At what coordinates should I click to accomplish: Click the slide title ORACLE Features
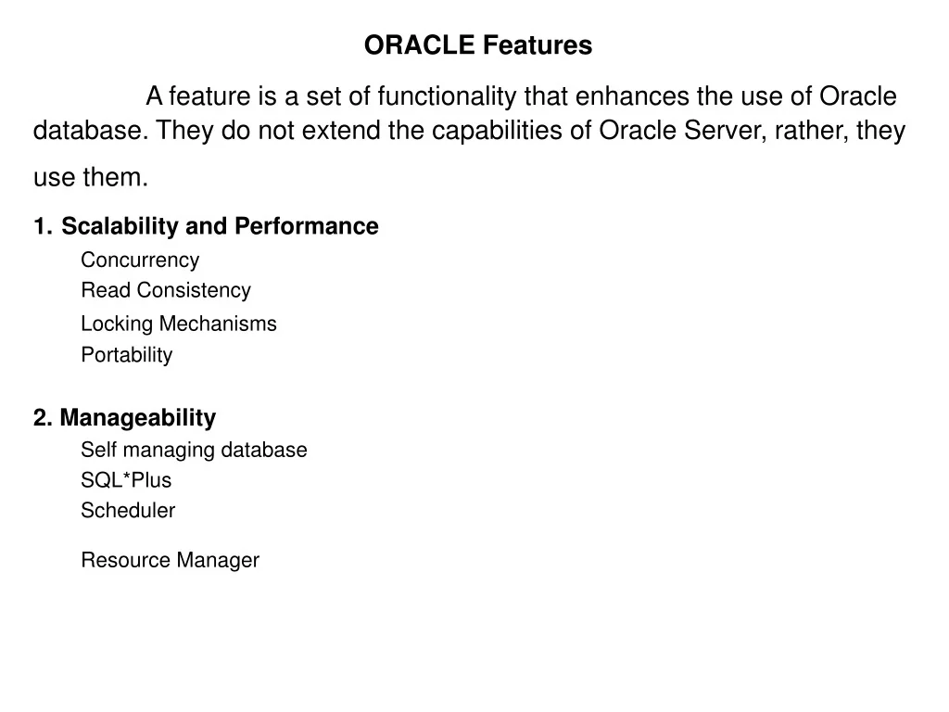point(477,45)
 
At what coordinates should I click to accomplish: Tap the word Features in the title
point(538,45)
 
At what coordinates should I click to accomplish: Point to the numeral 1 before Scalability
point(40,227)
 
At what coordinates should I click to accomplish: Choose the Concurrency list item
point(140,261)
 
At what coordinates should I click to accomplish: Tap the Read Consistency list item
point(166,290)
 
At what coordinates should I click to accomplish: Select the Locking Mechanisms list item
point(179,324)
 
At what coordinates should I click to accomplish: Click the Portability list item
point(127,355)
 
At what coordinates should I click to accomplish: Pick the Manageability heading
point(137,418)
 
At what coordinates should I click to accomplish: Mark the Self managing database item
point(194,451)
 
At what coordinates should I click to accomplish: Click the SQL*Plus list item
point(126,480)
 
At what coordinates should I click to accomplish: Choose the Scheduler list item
point(128,511)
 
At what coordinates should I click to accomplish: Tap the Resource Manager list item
point(171,561)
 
